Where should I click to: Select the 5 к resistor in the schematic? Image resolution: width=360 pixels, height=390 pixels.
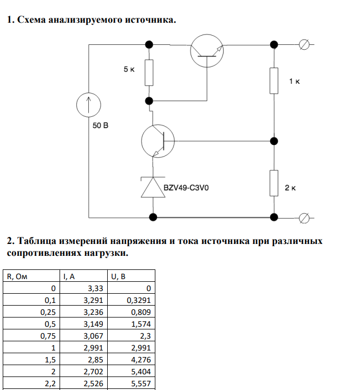pyautogui.click(x=149, y=72)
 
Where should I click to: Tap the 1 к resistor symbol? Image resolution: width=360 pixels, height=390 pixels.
pyautogui.click(x=274, y=80)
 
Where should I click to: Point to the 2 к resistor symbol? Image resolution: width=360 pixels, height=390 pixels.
pyautogui.click(x=274, y=183)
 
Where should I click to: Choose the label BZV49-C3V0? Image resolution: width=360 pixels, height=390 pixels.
pyautogui.click(x=186, y=189)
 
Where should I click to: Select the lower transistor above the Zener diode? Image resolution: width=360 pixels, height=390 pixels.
pyautogui.click(x=157, y=141)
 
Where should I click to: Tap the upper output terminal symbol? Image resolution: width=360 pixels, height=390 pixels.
pyautogui.click(x=304, y=45)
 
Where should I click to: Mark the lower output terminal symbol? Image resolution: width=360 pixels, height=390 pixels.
pyautogui.click(x=304, y=217)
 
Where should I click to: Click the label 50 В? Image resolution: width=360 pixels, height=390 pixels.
pyautogui.click(x=100, y=126)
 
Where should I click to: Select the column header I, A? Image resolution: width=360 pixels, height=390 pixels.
pyautogui.click(x=69, y=276)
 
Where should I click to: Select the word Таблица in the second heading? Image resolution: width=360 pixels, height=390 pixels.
pyautogui.click(x=37, y=241)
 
